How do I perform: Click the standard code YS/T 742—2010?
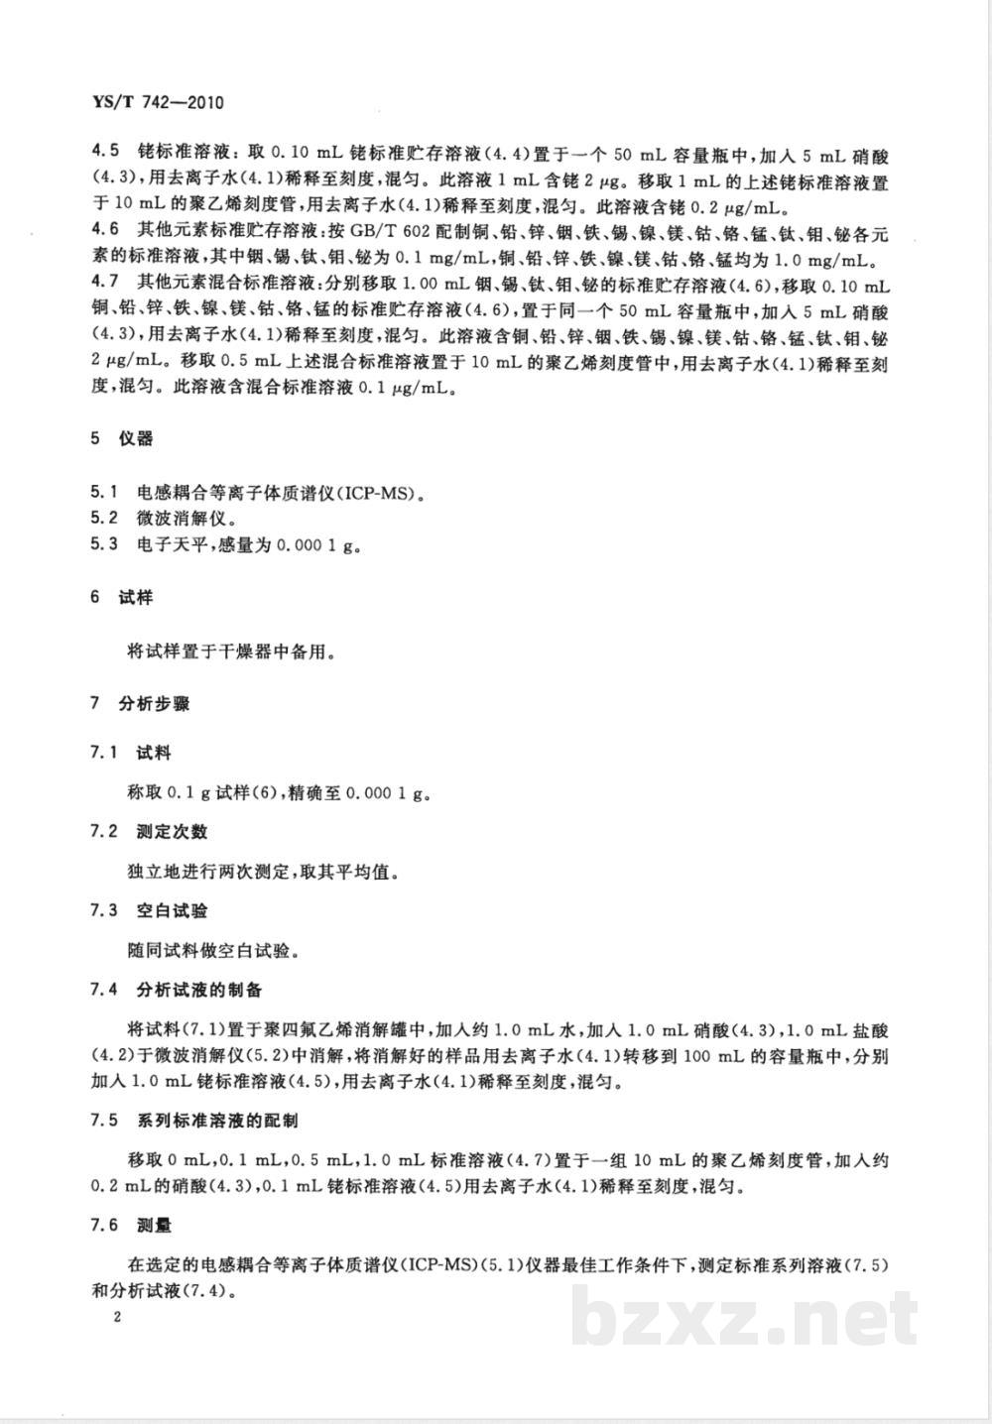(x=158, y=101)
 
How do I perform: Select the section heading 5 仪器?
(x=122, y=438)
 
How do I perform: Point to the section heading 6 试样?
(x=122, y=598)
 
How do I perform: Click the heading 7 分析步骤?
(x=140, y=704)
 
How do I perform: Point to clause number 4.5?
(x=105, y=152)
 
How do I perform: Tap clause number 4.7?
(x=105, y=287)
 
